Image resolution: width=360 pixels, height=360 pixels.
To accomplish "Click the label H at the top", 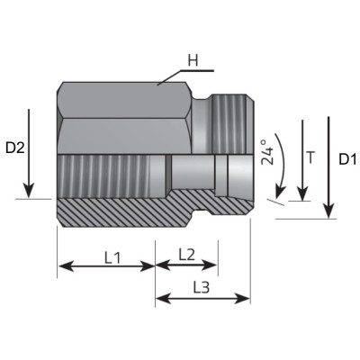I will (x=192, y=61).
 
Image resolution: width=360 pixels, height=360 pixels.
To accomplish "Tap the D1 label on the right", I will (x=347, y=159).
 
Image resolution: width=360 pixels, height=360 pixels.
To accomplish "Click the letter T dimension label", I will (x=311, y=157).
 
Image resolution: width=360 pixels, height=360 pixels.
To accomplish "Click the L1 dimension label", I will (x=112, y=256).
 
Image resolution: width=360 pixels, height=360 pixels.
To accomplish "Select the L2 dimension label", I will (x=186, y=254).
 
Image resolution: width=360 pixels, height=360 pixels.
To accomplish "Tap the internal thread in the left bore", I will (x=112, y=171).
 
